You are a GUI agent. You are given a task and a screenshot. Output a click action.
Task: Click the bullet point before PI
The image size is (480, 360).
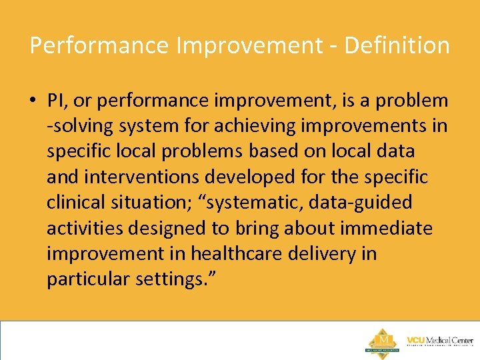(x=33, y=101)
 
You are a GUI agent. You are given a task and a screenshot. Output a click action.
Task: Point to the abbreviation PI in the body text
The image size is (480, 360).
(x=55, y=101)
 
